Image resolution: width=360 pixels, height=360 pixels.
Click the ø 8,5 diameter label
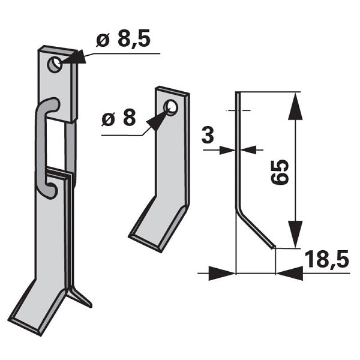[x=123, y=38]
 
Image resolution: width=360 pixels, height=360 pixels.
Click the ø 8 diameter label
[x=118, y=118]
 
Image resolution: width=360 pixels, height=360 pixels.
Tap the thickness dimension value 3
[x=208, y=135]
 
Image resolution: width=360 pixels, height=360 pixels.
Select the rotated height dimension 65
[x=280, y=172]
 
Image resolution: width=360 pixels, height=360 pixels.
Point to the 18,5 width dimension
[x=327, y=259]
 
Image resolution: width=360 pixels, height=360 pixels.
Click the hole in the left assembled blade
[x=55, y=65]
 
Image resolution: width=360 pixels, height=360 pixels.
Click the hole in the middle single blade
[x=170, y=107]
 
